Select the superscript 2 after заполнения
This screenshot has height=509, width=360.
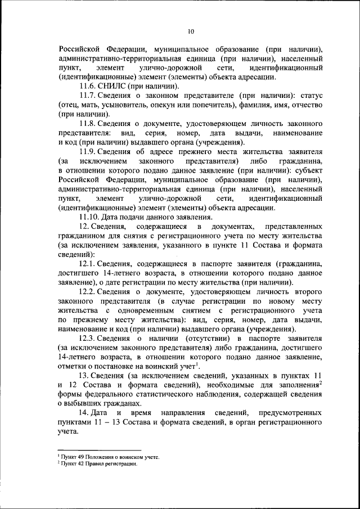(x=320, y=382)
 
